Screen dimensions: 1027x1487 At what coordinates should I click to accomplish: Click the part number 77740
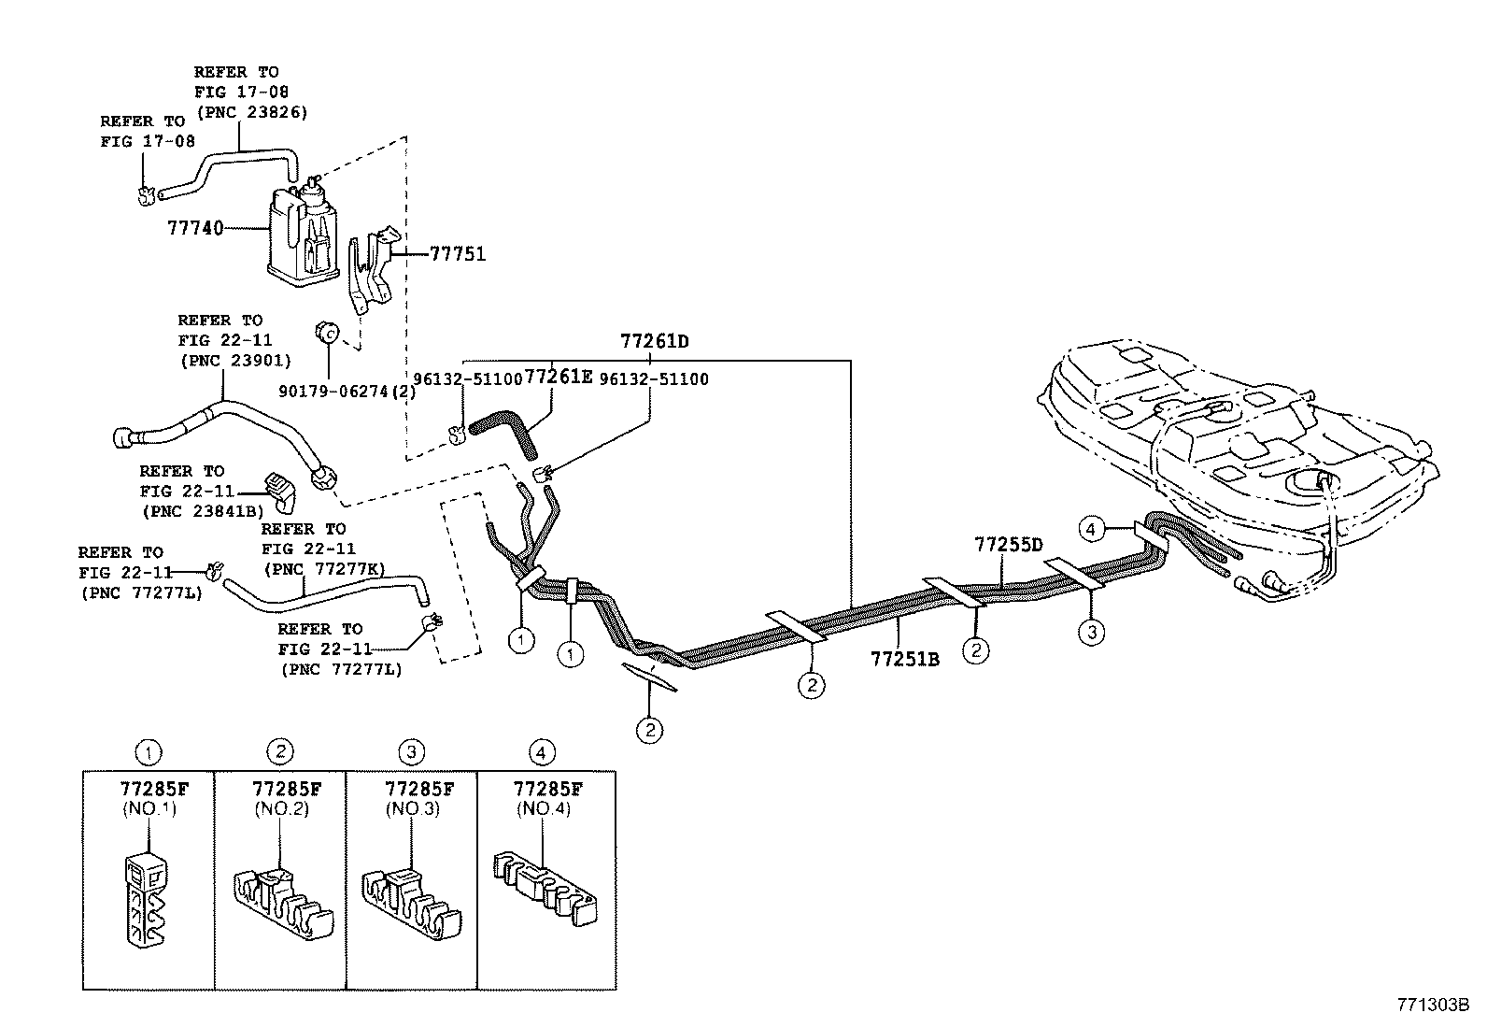coord(195,227)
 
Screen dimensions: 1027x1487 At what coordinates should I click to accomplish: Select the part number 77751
coord(458,253)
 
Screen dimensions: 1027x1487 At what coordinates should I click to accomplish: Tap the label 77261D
coord(654,341)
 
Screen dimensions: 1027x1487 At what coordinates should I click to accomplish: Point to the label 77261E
coord(559,378)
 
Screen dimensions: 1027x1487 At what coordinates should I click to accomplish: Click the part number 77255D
coord(1008,544)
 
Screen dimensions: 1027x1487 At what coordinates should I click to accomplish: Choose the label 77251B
coord(904,659)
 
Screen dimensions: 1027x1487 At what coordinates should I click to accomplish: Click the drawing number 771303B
coord(1433,1005)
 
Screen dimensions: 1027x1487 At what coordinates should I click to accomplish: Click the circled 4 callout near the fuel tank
coord(1090,530)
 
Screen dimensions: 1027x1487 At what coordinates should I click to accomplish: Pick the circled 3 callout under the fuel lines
coord(1090,633)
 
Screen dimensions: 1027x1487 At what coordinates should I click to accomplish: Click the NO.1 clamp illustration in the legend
coord(145,897)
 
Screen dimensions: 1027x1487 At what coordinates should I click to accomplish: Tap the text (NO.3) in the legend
coord(411,809)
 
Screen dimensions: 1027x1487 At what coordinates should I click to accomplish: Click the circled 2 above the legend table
coord(279,750)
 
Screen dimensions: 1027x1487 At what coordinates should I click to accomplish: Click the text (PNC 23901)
coord(234,360)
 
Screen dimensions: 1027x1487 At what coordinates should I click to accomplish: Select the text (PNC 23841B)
coord(203,511)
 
